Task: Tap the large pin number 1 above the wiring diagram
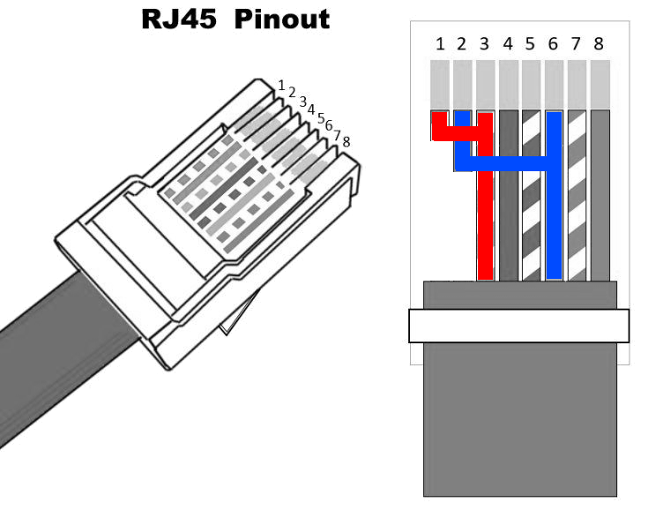[439, 44]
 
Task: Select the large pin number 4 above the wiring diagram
[508, 44]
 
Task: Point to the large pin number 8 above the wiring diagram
[599, 44]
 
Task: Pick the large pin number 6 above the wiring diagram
[553, 44]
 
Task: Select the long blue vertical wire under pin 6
[554, 229]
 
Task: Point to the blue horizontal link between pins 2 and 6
[503, 163]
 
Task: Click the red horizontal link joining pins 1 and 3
[458, 134]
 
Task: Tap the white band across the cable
[518, 326]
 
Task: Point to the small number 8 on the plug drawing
[346, 141]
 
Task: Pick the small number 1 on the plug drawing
[281, 86]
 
